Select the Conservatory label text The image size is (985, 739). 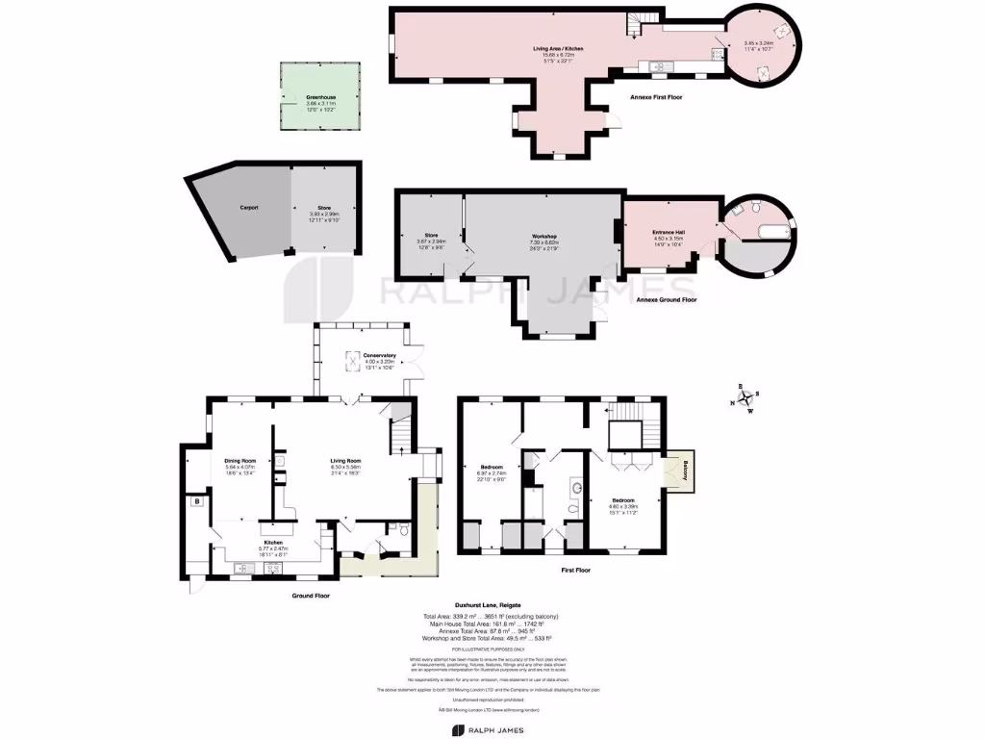(x=366, y=355)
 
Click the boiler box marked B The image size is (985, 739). (x=195, y=501)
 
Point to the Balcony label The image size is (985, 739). (x=685, y=471)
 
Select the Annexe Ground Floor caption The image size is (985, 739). (x=667, y=300)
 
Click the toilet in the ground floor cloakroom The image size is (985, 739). (x=404, y=529)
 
